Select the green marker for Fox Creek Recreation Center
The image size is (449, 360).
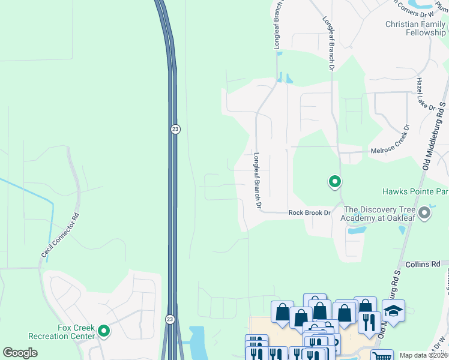coord(104,331)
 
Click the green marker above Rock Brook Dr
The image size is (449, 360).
coord(334,181)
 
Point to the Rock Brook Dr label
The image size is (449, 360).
coord(309,213)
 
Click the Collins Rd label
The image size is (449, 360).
coord(423,263)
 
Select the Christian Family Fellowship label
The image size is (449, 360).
coord(416,28)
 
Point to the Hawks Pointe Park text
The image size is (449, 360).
coord(415,192)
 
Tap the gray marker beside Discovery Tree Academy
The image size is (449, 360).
coord(425,213)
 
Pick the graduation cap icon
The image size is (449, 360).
coord(393,311)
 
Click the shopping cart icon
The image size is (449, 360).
coord(381,355)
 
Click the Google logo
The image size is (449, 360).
coord(20,353)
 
